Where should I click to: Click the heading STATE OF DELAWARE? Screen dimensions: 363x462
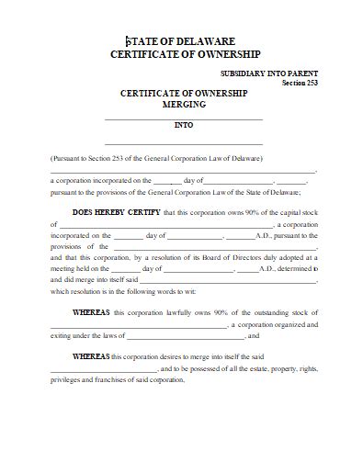[180, 41]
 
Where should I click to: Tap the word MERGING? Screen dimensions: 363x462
[184, 105]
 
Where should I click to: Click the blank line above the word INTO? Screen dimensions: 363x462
[184, 118]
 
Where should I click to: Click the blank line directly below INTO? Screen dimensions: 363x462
[184, 143]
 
